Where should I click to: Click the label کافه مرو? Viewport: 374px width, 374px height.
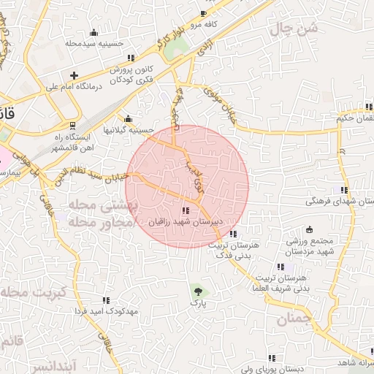(x=206, y=24)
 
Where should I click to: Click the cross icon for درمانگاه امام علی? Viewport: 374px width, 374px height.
(x=74, y=75)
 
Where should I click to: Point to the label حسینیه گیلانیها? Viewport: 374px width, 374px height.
(x=128, y=130)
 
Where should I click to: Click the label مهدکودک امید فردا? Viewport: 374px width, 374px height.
(x=106, y=311)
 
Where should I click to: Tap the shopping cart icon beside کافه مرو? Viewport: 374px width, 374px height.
(x=203, y=14)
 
